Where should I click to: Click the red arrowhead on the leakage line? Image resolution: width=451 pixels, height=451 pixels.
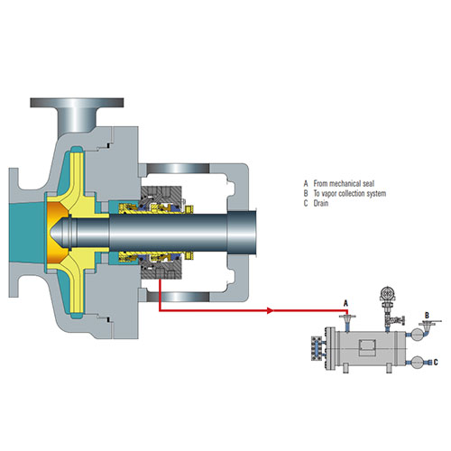click(271, 310)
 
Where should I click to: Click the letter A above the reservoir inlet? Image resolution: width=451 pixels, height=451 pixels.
click(345, 303)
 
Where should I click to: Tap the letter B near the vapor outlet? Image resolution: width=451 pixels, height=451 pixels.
click(427, 316)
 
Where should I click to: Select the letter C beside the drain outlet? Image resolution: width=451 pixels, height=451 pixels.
click(436, 363)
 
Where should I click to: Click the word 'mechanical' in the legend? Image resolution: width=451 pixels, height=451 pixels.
click(345, 183)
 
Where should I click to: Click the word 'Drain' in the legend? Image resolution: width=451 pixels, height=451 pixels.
click(321, 203)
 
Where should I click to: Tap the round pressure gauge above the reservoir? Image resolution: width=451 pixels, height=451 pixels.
click(388, 294)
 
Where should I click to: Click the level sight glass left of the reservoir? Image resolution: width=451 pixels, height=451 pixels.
click(317, 348)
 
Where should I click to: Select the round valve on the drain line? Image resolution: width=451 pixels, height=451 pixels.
click(418, 363)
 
